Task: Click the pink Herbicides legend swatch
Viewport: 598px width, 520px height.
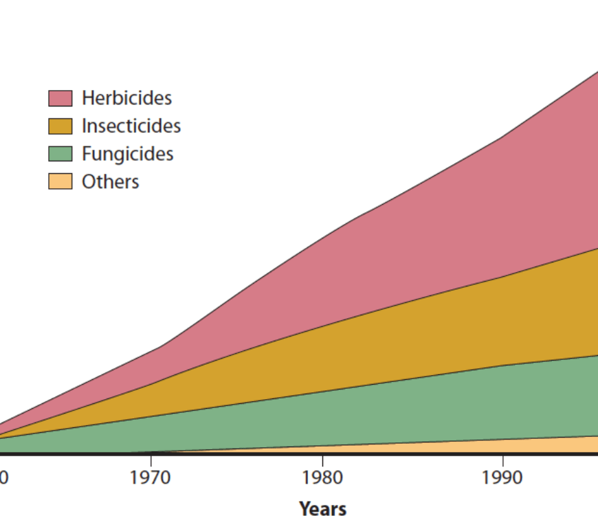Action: [60, 98]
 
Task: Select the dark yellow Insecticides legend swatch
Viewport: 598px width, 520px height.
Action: [60, 126]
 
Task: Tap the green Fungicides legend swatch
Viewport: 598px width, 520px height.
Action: [60, 154]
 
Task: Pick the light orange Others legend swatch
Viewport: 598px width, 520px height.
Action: [60, 182]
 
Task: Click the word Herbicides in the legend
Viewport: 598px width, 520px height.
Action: [126, 98]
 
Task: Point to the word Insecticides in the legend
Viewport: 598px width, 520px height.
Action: [131, 126]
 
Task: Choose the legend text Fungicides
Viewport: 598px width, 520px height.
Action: [127, 154]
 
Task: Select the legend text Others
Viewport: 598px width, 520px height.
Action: [110, 182]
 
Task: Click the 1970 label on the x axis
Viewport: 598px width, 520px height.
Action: [150, 477]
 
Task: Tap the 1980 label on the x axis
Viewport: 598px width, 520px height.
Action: [322, 477]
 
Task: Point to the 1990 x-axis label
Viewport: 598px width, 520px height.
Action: [502, 477]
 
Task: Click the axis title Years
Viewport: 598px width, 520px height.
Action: [322, 509]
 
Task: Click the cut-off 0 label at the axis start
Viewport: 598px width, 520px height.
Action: [3, 477]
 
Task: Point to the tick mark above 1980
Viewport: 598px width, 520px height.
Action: [322, 459]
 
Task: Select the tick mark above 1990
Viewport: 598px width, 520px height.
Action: [502, 459]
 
